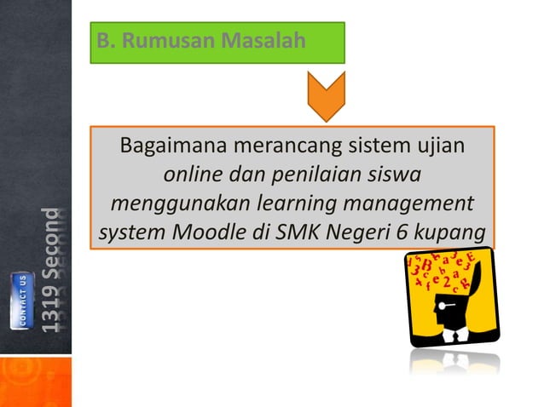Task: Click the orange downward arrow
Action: pos(324,95)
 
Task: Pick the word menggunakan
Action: pos(172,205)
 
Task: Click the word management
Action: pos(408,205)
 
